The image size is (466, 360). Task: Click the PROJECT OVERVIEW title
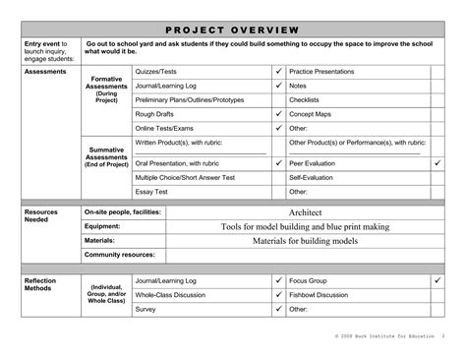(232, 26)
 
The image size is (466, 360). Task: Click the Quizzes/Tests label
(156, 72)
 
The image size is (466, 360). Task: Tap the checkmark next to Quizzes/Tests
(278, 72)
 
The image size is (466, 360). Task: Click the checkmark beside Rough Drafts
(278, 113)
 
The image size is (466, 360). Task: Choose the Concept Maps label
(312, 113)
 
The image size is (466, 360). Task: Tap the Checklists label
(304, 99)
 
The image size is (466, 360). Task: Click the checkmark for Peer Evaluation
(437, 162)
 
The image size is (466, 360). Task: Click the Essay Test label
(151, 191)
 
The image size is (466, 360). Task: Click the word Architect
(306, 212)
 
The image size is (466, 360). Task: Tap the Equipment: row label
(102, 226)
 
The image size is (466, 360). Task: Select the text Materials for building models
(305, 240)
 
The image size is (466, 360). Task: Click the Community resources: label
(121, 254)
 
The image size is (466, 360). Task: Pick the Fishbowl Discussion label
(319, 294)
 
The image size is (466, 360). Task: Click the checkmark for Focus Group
(437, 280)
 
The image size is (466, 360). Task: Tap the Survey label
(146, 308)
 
